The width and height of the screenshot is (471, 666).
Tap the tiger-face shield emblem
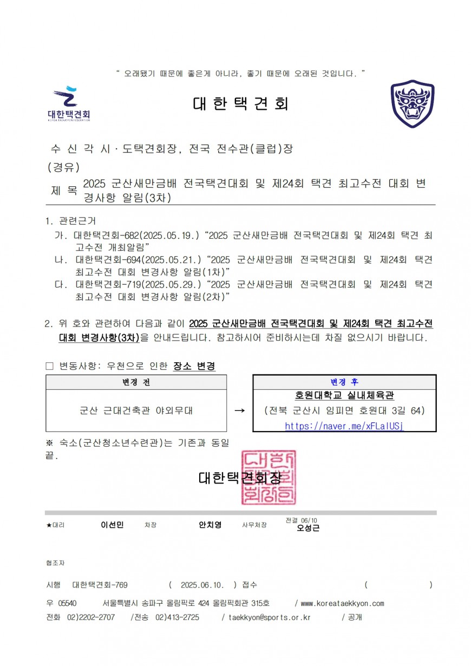point(413,104)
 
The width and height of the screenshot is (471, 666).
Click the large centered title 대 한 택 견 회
point(240,103)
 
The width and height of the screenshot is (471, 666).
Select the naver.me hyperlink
point(344,426)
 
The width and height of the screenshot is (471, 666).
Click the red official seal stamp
point(269,477)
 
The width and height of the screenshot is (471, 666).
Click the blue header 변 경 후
point(344,382)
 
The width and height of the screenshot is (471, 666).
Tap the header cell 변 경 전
point(136,382)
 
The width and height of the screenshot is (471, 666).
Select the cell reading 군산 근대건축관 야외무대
point(136,411)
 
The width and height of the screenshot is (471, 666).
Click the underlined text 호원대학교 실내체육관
point(344,396)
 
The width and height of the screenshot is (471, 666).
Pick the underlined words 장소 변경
point(194,367)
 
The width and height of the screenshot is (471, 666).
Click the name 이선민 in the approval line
point(112,525)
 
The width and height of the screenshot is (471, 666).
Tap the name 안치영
point(210,525)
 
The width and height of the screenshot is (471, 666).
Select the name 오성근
point(308,528)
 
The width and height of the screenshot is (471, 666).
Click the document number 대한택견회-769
point(100,585)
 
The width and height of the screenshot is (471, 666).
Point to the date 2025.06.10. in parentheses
point(202,585)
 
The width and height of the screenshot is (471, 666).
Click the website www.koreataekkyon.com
point(342,603)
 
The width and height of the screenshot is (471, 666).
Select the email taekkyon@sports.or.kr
point(269,617)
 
